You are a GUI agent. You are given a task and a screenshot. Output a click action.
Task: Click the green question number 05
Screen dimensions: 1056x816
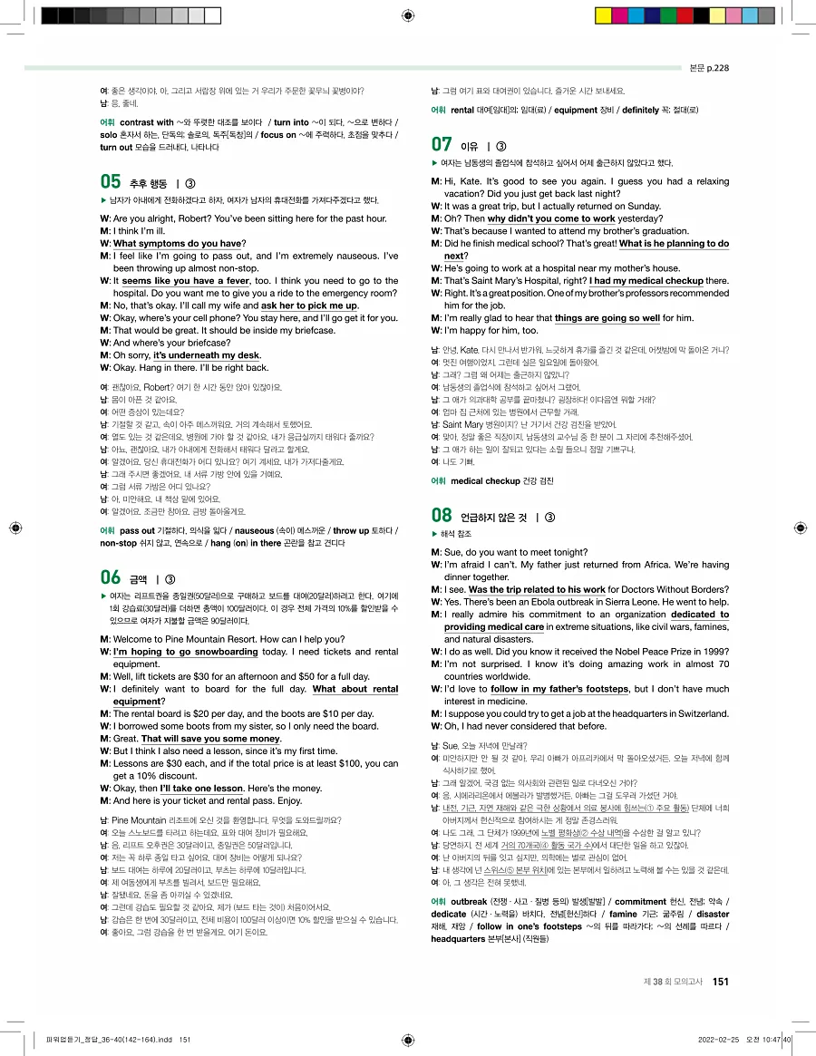click(x=110, y=181)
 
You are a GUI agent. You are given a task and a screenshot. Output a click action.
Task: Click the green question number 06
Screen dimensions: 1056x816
click(x=110, y=578)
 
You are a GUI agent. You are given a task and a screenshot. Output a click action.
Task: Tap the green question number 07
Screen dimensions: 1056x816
click(x=442, y=145)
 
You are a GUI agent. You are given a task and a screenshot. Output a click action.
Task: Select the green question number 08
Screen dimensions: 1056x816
click(x=442, y=516)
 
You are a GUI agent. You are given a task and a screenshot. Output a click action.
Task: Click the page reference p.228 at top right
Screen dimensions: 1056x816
click(x=709, y=67)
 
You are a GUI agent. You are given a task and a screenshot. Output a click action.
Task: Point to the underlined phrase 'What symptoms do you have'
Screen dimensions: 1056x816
click(x=177, y=244)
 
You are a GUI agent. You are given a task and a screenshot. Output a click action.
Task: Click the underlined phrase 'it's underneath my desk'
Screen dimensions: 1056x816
click(x=207, y=355)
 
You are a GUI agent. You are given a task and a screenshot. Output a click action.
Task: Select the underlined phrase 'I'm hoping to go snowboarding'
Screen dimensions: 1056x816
click(x=172, y=652)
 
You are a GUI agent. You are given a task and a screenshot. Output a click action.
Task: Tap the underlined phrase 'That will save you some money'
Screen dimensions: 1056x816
click(x=210, y=739)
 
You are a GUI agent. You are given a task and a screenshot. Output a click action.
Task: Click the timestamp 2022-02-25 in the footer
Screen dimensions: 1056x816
click(x=720, y=1040)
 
